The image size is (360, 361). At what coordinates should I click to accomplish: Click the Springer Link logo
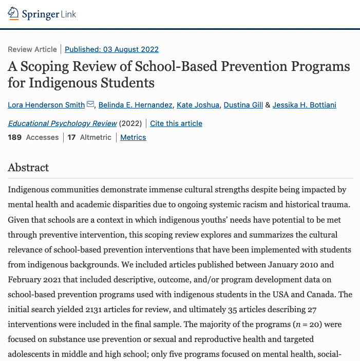[x=42, y=14]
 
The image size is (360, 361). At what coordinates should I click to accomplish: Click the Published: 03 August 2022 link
[x=111, y=49]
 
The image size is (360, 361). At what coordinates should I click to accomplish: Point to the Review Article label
[x=32, y=49]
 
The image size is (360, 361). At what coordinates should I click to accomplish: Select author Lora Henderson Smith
[x=46, y=105]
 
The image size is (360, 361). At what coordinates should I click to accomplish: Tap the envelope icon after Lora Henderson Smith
[x=90, y=105]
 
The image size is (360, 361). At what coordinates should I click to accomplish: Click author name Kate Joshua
[x=198, y=105]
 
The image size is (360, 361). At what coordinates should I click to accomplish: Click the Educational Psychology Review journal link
[x=62, y=123]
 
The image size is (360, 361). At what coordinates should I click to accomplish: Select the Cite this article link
[x=176, y=123]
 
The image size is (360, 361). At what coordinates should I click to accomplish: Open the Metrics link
[x=133, y=137]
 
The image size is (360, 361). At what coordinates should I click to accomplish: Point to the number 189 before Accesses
[x=15, y=137]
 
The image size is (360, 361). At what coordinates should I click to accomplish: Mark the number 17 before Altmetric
[x=71, y=137]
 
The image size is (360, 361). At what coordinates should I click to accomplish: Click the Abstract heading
[x=28, y=168]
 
